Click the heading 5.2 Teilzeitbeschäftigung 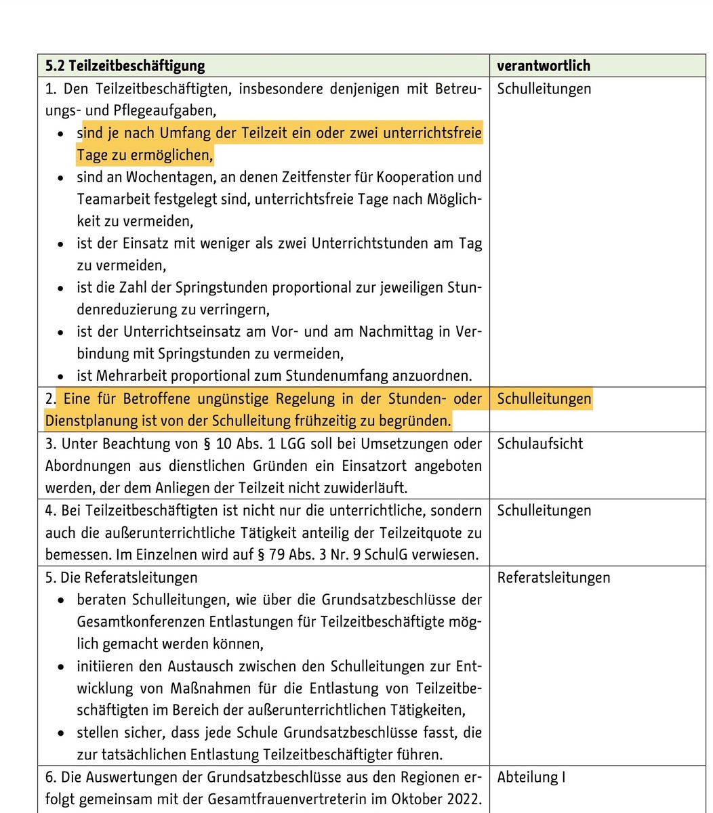click(x=125, y=66)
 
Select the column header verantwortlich click(x=544, y=66)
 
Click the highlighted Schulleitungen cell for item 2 click(x=544, y=398)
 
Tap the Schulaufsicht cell click(x=540, y=444)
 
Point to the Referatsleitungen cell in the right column click(x=553, y=577)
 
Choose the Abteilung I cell click(x=531, y=777)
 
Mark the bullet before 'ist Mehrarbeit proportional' click(x=62, y=376)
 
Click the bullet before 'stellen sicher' click(x=62, y=733)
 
